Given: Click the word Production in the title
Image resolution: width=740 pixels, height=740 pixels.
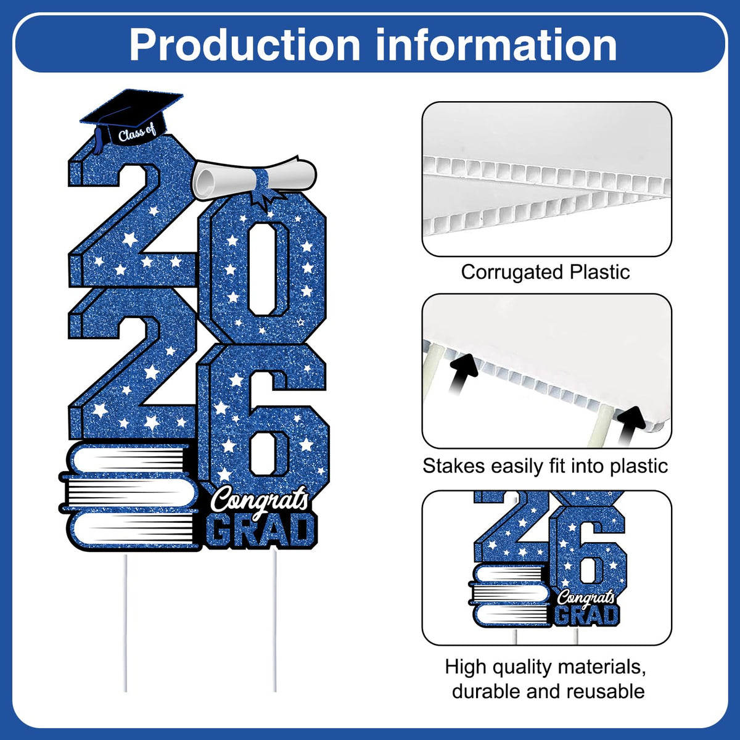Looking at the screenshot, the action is (x=244, y=45).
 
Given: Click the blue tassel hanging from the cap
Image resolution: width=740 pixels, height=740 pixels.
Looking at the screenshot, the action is (x=98, y=140).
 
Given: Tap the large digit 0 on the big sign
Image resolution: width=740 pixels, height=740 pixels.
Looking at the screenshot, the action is (x=263, y=269).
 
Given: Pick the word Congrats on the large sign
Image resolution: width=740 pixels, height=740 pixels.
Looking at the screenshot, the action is (x=260, y=499).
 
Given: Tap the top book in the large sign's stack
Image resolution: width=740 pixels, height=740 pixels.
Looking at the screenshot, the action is (x=129, y=459).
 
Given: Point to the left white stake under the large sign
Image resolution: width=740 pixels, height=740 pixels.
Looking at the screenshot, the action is (x=125, y=622).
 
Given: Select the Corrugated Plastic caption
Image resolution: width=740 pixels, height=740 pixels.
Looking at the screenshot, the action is (x=545, y=273).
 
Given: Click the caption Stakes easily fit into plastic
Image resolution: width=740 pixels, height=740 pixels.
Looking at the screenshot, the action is (x=545, y=466).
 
